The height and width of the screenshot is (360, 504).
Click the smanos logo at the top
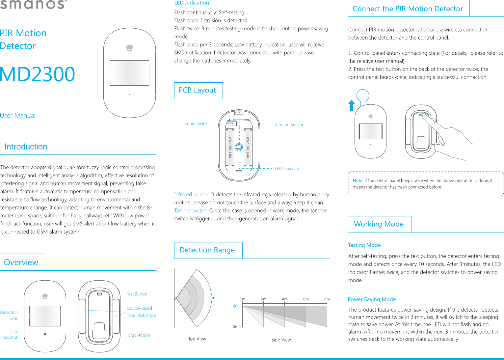click(x=33, y=5)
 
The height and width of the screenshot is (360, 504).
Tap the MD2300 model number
click(x=38, y=74)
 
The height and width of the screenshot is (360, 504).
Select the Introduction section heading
click(x=26, y=147)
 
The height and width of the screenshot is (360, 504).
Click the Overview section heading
click(x=21, y=262)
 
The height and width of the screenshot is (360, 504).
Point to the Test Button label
click(x=137, y=294)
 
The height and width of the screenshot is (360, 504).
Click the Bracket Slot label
click(x=139, y=335)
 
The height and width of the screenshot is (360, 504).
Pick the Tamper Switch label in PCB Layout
click(x=195, y=124)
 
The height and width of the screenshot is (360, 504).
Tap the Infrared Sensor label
click(x=289, y=125)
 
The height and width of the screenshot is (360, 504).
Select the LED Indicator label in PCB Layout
click(x=287, y=169)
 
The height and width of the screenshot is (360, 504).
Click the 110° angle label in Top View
click(x=211, y=298)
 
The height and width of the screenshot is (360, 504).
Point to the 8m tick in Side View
click(x=327, y=299)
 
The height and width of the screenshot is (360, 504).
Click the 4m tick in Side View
click(x=285, y=299)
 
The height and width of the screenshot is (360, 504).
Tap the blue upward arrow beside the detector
click(x=352, y=105)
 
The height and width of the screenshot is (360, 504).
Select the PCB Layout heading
click(x=197, y=90)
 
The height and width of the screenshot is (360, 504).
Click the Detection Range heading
click(x=207, y=250)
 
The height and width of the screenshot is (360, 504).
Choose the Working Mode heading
click(x=379, y=224)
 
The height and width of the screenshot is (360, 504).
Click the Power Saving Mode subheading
click(x=372, y=299)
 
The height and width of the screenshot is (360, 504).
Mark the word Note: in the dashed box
click(x=358, y=180)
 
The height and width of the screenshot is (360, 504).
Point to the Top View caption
click(x=197, y=339)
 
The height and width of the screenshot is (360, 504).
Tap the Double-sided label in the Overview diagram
click(x=140, y=308)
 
